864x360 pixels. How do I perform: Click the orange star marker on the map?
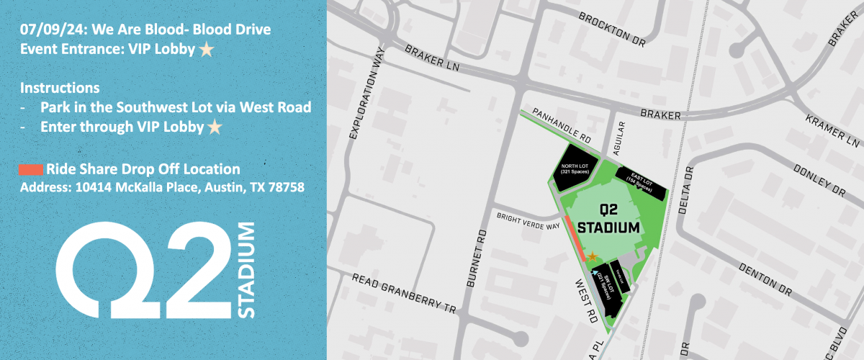(592, 256)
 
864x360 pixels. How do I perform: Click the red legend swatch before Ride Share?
(32, 170)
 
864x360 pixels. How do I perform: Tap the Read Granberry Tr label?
(405, 294)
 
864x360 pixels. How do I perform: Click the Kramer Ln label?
(832, 129)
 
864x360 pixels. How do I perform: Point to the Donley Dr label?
(818, 179)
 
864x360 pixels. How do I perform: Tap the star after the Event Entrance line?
(207, 50)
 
